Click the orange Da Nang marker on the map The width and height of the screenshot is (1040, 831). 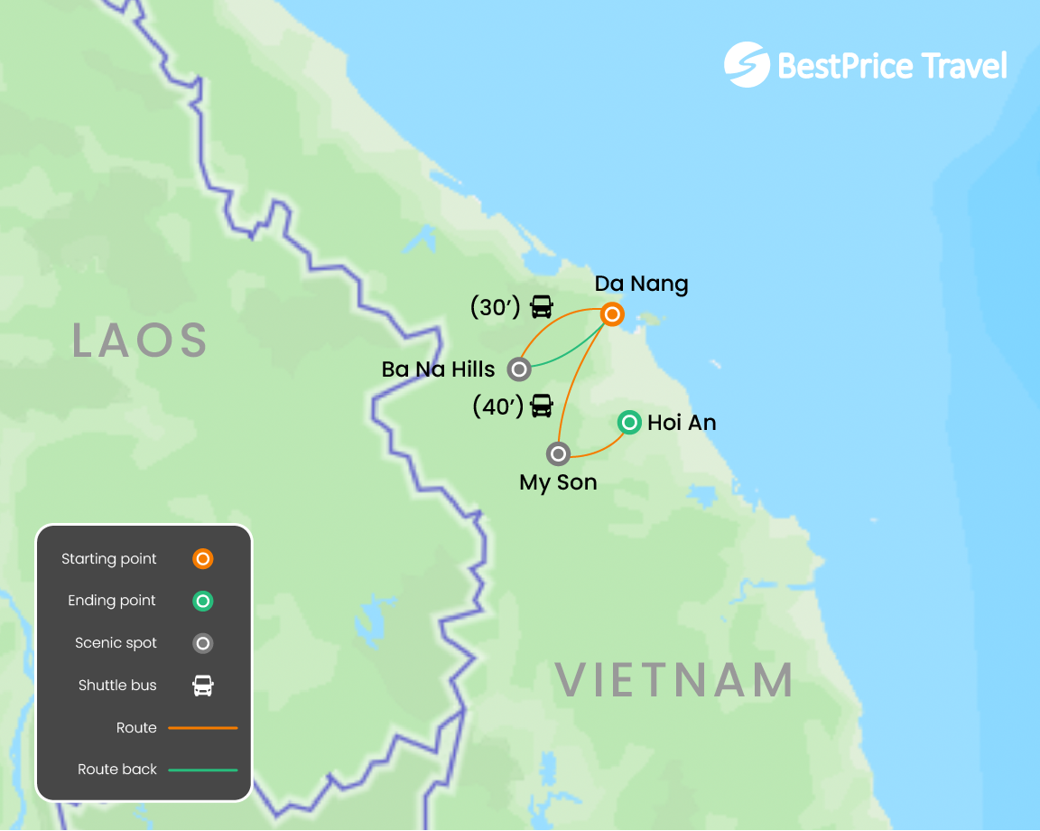tap(612, 314)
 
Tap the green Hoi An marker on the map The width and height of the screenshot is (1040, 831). tap(629, 422)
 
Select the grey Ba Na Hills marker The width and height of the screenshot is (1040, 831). tap(518, 369)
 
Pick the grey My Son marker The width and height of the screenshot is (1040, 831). tap(559, 453)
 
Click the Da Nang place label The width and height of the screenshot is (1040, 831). tap(641, 284)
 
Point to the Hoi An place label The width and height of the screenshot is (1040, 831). tap(682, 423)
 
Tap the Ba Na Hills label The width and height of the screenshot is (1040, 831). tap(439, 369)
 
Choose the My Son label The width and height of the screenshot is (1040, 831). tap(558, 482)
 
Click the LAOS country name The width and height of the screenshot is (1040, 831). tap(140, 341)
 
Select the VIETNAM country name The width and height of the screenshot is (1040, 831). tap(673, 680)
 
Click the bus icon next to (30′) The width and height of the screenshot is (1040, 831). tap(541, 307)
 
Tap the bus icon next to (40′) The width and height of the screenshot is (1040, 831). tap(541, 406)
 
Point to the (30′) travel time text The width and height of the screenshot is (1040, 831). tap(496, 308)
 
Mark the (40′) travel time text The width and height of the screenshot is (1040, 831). tap(498, 407)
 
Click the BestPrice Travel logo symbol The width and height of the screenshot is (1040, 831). tap(747, 65)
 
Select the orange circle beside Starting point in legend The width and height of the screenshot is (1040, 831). tap(203, 559)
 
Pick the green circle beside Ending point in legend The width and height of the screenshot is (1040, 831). tap(203, 601)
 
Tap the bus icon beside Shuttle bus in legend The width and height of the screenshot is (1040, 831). tap(203, 686)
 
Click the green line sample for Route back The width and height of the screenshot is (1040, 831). tap(203, 770)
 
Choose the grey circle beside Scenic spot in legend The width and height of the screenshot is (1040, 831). tap(203, 643)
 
